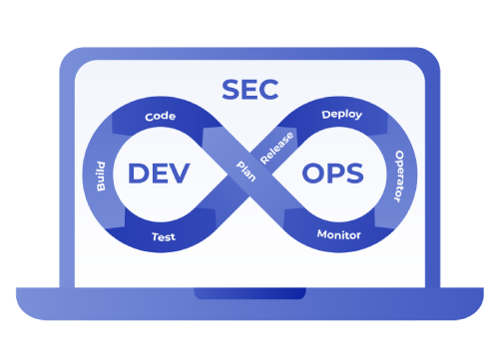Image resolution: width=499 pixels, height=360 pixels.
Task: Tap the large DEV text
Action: coord(160,173)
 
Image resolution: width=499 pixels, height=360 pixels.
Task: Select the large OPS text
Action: coord(333,173)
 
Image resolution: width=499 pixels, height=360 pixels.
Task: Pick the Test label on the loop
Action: coord(164,237)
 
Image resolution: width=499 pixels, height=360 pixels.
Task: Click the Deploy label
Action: coord(341,115)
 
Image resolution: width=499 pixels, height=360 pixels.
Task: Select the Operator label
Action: coord(395,177)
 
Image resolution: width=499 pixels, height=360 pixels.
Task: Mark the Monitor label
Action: coord(338,235)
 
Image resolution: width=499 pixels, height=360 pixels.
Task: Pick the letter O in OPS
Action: coord(310,173)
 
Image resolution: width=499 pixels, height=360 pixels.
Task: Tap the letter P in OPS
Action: coord(334,173)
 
